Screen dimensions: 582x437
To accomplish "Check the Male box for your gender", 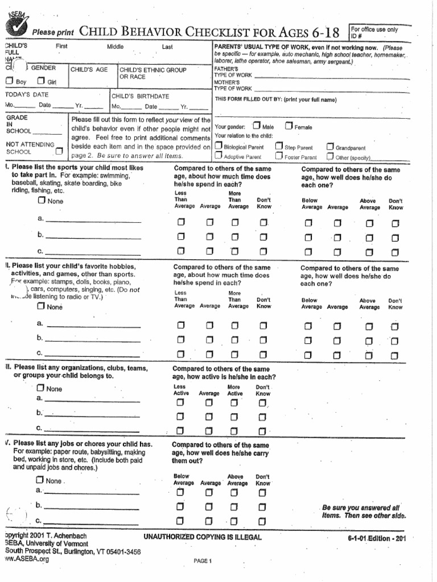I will [x=257, y=126].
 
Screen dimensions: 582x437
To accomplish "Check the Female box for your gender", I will [x=288, y=126].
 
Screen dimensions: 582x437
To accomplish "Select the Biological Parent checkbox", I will [x=218, y=147].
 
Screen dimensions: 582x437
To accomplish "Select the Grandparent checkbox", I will [x=329, y=147].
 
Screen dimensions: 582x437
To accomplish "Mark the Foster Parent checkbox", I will [x=279, y=156].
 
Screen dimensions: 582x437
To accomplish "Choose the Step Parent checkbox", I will [x=279, y=147].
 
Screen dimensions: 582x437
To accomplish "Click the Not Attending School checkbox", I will [x=60, y=151].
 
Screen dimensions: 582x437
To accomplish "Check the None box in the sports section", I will [x=42, y=201].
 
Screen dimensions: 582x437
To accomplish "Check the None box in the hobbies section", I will [x=41, y=306].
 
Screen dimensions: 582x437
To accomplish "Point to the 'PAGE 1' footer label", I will [x=202, y=561].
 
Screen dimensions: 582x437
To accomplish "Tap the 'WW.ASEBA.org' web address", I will [x=27, y=559].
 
